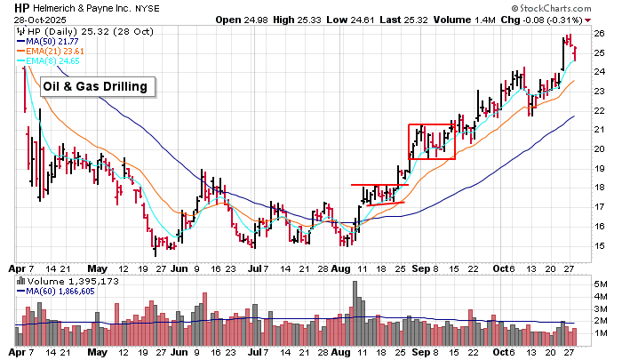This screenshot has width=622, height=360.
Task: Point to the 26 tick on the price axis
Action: [599, 33]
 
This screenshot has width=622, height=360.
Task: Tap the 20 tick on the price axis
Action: [599, 148]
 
